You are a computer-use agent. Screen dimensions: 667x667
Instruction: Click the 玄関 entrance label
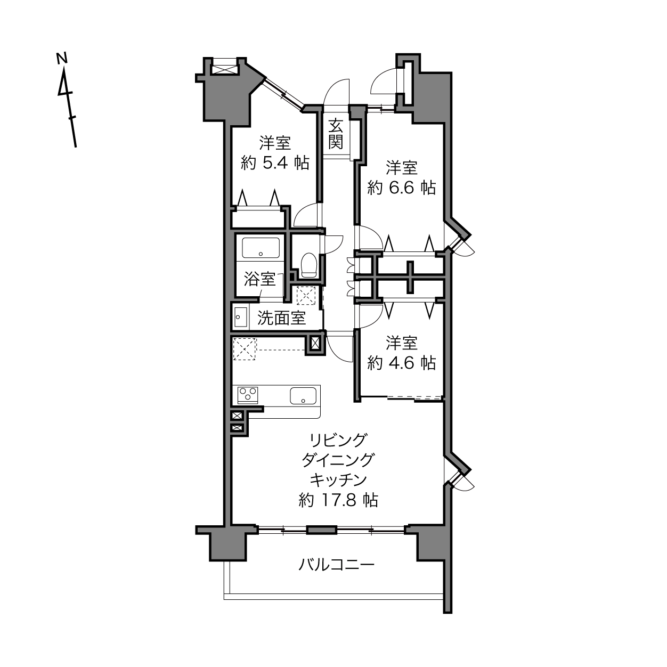pyautogui.click(x=336, y=134)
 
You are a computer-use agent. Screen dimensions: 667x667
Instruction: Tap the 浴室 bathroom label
pyautogui.click(x=259, y=279)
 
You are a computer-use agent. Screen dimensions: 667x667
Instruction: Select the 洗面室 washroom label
pyautogui.click(x=281, y=318)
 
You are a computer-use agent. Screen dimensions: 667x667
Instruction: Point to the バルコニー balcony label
pyautogui.click(x=337, y=565)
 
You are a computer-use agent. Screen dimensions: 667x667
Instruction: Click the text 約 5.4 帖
pyautogui.click(x=275, y=162)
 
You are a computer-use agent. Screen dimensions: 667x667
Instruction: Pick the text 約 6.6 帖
pyautogui.click(x=402, y=188)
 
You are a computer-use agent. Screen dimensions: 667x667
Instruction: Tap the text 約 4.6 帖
pyautogui.click(x=402, y=363)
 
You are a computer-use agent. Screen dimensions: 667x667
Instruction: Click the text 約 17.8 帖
pyautogui.click(x=338, y=500)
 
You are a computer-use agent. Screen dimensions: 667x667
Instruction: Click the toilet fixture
pyautogui.click(x=309, y=265)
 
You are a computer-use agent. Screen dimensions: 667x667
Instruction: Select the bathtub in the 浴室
pyautogui.click(x=261, y=248)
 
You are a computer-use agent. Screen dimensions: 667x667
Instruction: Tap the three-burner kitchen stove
pyautogui.click(x=248, y=395)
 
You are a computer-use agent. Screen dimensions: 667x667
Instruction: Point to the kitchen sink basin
pyautogui.click(x=303, y=396)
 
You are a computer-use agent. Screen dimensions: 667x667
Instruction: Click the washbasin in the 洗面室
pyautogui.click(x=241, y=316)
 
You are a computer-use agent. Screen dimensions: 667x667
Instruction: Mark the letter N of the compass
pyautogui.click(x=62, y=59)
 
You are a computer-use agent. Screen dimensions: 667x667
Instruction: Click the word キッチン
pyautogui.click(x=338, y=480)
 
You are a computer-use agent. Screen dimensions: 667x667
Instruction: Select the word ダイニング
pyautogui.click(x=338, y=460)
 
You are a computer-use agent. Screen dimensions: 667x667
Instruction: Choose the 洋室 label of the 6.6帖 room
pyautogui.click(x=402, y=167)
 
